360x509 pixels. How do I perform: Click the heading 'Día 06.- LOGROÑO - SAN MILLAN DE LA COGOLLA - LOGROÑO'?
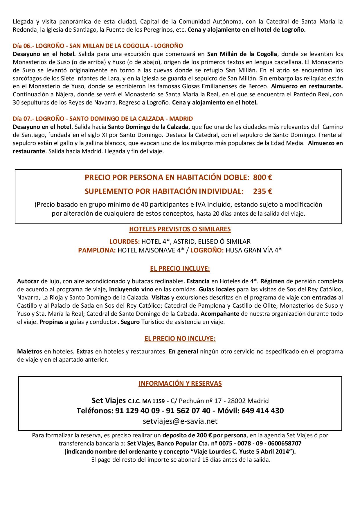[x=98, y=46]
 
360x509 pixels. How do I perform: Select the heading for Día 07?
[x=103, y=119]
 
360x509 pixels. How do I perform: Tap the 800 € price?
[x=262, y=177]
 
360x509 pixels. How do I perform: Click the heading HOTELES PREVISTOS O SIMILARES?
[x=180, y=229]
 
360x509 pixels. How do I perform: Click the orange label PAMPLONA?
[x=97, y=250]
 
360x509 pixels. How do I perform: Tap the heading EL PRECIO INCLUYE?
[x=180, y=269]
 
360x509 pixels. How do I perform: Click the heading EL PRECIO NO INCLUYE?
[x=180, y=338]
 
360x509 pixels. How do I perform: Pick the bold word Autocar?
[x=28, y=281]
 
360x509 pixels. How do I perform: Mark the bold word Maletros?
[x=30, y=351]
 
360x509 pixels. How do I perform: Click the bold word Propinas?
[x=51, y=322]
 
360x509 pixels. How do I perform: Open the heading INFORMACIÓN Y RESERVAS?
[x=180, y=383]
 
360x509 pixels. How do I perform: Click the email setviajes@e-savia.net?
[x=180, y=421]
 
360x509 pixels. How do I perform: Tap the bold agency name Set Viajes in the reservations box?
[x=109, y=401]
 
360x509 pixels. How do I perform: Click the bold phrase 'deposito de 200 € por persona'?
[x=204, y=435]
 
